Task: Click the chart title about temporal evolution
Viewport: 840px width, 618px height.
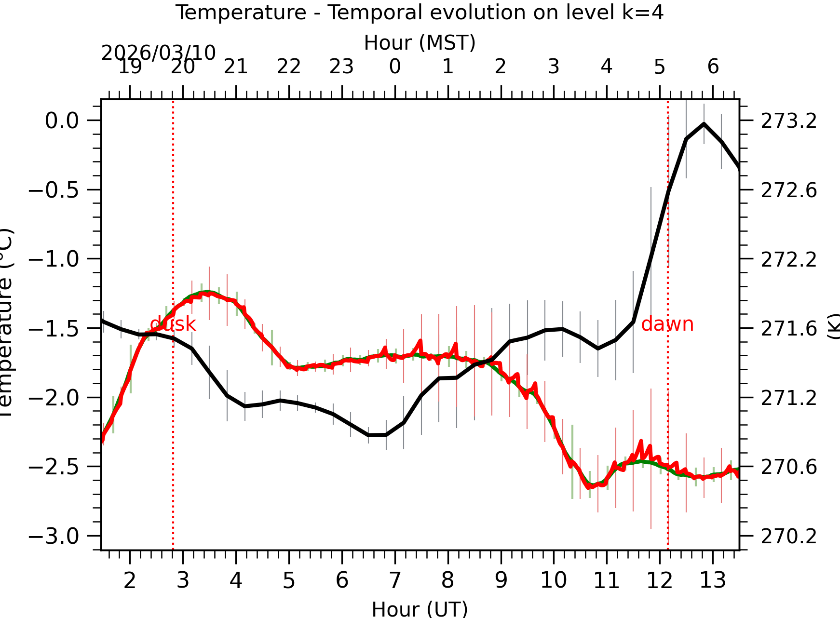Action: point(419,13)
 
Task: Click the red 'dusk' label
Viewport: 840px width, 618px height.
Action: point(173,324)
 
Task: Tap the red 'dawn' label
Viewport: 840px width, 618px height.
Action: point(667,324)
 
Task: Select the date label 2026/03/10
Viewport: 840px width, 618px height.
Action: point(158,53)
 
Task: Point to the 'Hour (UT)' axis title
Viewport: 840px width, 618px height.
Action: point(420,609)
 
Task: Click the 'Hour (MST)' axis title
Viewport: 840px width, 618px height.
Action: point(420,42)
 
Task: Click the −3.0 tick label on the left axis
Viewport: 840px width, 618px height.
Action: point(54,536)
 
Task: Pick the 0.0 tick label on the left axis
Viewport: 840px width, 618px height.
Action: point(62,121)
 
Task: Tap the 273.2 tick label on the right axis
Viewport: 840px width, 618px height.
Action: point(789,121)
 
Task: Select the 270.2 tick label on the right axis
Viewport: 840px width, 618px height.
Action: point(789,536)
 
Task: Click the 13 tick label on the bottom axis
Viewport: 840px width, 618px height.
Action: point(712,580)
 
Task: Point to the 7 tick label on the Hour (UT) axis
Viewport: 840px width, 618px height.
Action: point(395,580)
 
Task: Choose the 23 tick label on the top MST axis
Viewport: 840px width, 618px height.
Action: point(341,67)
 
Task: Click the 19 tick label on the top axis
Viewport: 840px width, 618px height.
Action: point(130,67)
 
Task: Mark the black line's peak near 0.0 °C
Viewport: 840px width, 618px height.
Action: point(704,124)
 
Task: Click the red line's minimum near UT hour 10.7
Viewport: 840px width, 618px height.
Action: point(589,487)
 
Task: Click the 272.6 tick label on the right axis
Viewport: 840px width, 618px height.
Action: point(789,190)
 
